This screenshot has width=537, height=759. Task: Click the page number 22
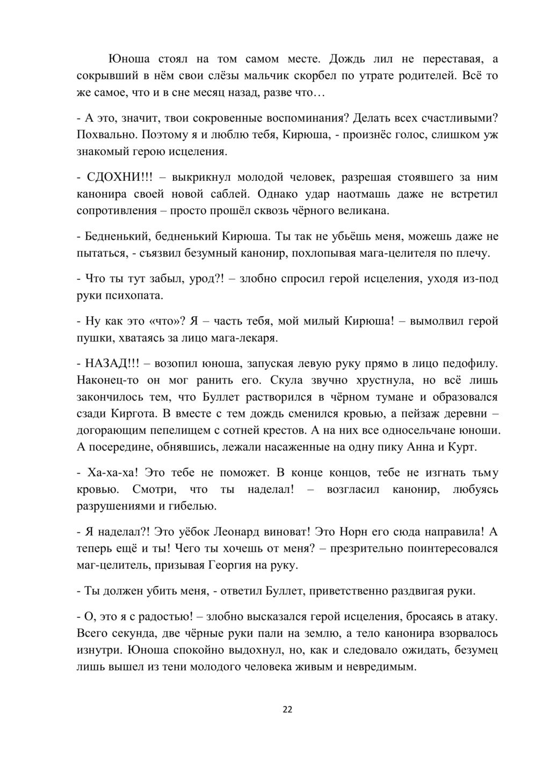(287, 710)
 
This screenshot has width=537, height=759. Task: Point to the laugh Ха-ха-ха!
(113, 473)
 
